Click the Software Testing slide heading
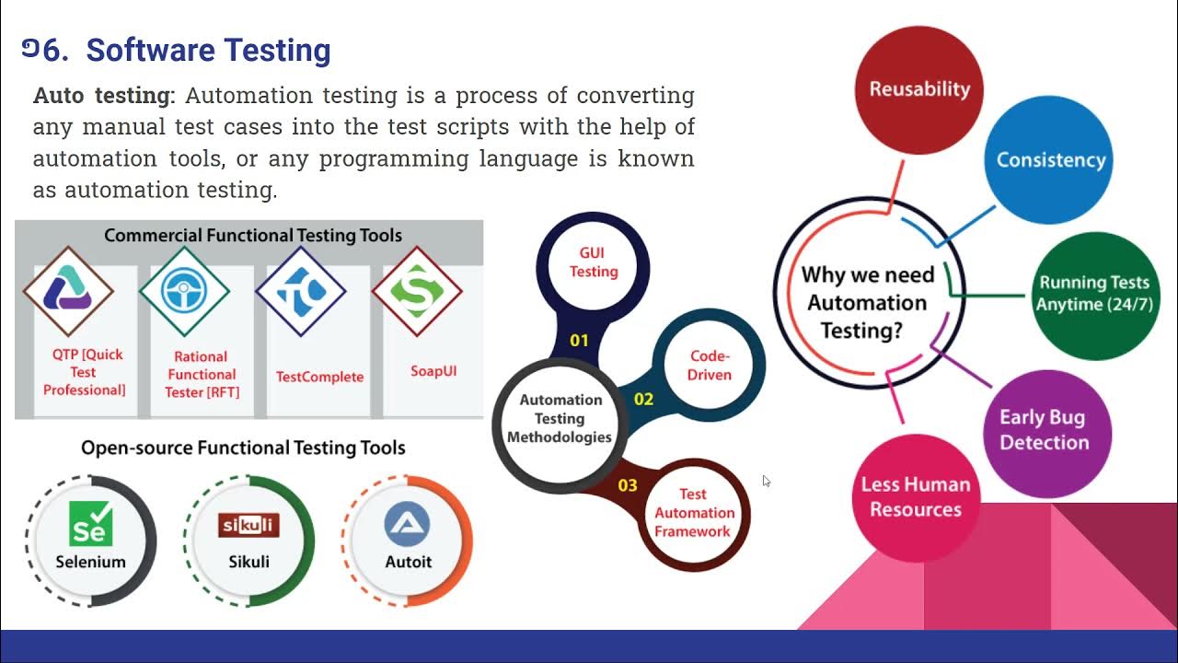(x=208, y=51)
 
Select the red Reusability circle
(x=919, y=89)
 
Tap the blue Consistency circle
(x=1050, y=159)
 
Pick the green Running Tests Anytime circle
(x=1093, y=294)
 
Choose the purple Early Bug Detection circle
(x=1043, y=430)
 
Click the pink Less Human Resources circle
(x=915, y=497)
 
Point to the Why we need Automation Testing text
(x=867, y=302)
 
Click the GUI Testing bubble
(x=594, y=262)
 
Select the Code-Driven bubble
(x=709, y=366)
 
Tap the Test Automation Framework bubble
(x=694, y=513)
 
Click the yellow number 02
(x=643, y=399)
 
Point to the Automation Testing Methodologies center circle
(x=560, y=418)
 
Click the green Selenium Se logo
(x=91, y=523)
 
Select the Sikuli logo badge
(x=248, y=525)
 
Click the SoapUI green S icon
(x=417, y=291)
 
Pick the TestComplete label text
(x=319, y=377)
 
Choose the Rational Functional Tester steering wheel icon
(x=184, y=292)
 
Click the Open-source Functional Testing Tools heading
(x=243, y=448)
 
